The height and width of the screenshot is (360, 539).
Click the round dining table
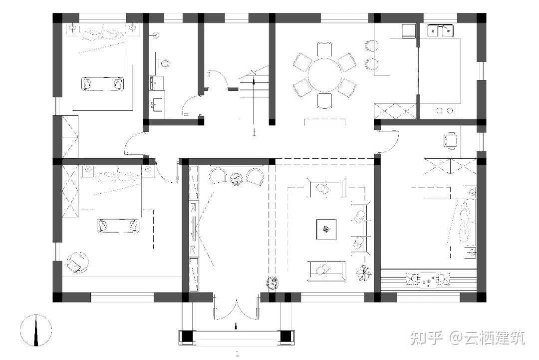pyautogui.click(x=325, y=75)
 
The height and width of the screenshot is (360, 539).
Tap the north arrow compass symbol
pyautogui.click(x=36, y=330)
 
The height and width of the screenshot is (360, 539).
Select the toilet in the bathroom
pyautogui.click(x=164, y=63)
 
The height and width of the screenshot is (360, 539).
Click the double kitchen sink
pyautogui.click(x=440, y=30)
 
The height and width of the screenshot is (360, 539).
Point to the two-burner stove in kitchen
pyautogui.click(x=445, y=110)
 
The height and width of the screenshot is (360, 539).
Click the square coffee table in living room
pyautogui.click(x=326, y=229)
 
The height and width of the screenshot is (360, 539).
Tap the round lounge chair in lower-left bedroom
pyautogui.click(x=78, y=262)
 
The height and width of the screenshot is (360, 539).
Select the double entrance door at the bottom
pyautogui.click(x=236, y=307)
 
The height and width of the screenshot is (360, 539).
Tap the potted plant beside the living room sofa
pyautogui.click(x=363, y=273)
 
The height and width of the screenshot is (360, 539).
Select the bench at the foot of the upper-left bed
pyautogui.click(x=103, y=83)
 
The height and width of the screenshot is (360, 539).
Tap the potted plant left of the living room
pyautogui.click(x=272, y=283)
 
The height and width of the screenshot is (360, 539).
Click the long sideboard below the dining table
pyautogui.click(x=324, y=122)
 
